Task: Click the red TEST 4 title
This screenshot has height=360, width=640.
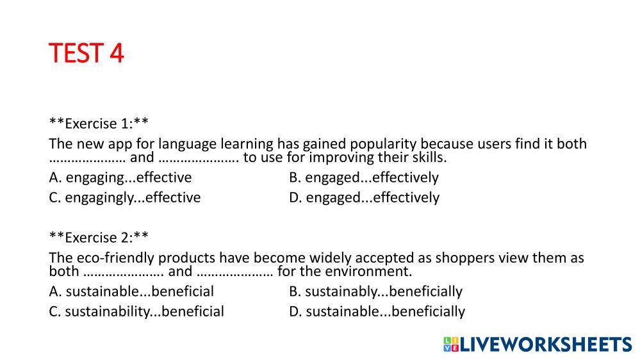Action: point(86,53)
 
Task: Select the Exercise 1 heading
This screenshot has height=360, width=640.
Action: point(99,123)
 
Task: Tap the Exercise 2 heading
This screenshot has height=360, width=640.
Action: point(99,237)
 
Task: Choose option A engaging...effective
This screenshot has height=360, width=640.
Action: point(120,177)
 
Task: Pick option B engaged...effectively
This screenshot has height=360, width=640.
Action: point(364,177)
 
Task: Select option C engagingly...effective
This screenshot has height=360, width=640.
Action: point(124,197)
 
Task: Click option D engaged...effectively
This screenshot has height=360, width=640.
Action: point(364,197)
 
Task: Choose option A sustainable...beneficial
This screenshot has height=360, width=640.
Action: point(131,291)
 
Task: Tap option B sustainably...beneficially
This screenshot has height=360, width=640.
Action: point(375,291)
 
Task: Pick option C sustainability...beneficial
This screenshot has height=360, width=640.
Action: point(136,311)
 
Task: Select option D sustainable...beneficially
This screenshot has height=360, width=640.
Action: point(377,311)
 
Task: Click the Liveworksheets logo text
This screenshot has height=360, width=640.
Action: point(546,344)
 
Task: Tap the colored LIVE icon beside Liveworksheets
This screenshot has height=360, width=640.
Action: point(451,344)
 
